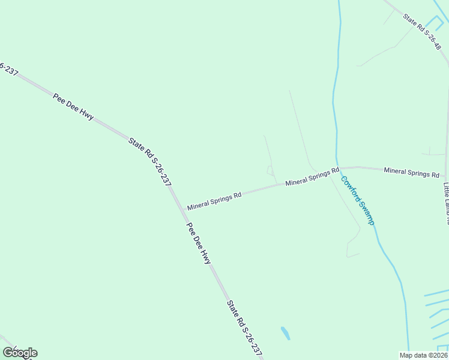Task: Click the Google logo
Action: pyautogui.click(x=20, y=353)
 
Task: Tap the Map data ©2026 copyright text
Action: pyautogui.click(x=423, y=355)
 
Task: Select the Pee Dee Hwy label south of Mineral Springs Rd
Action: pyautogui.click(x=199, y=244)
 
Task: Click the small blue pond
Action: pyautogui.click(x=285, y=333)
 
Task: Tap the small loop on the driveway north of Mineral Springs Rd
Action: pyautogui.click(x=270, y=171)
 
